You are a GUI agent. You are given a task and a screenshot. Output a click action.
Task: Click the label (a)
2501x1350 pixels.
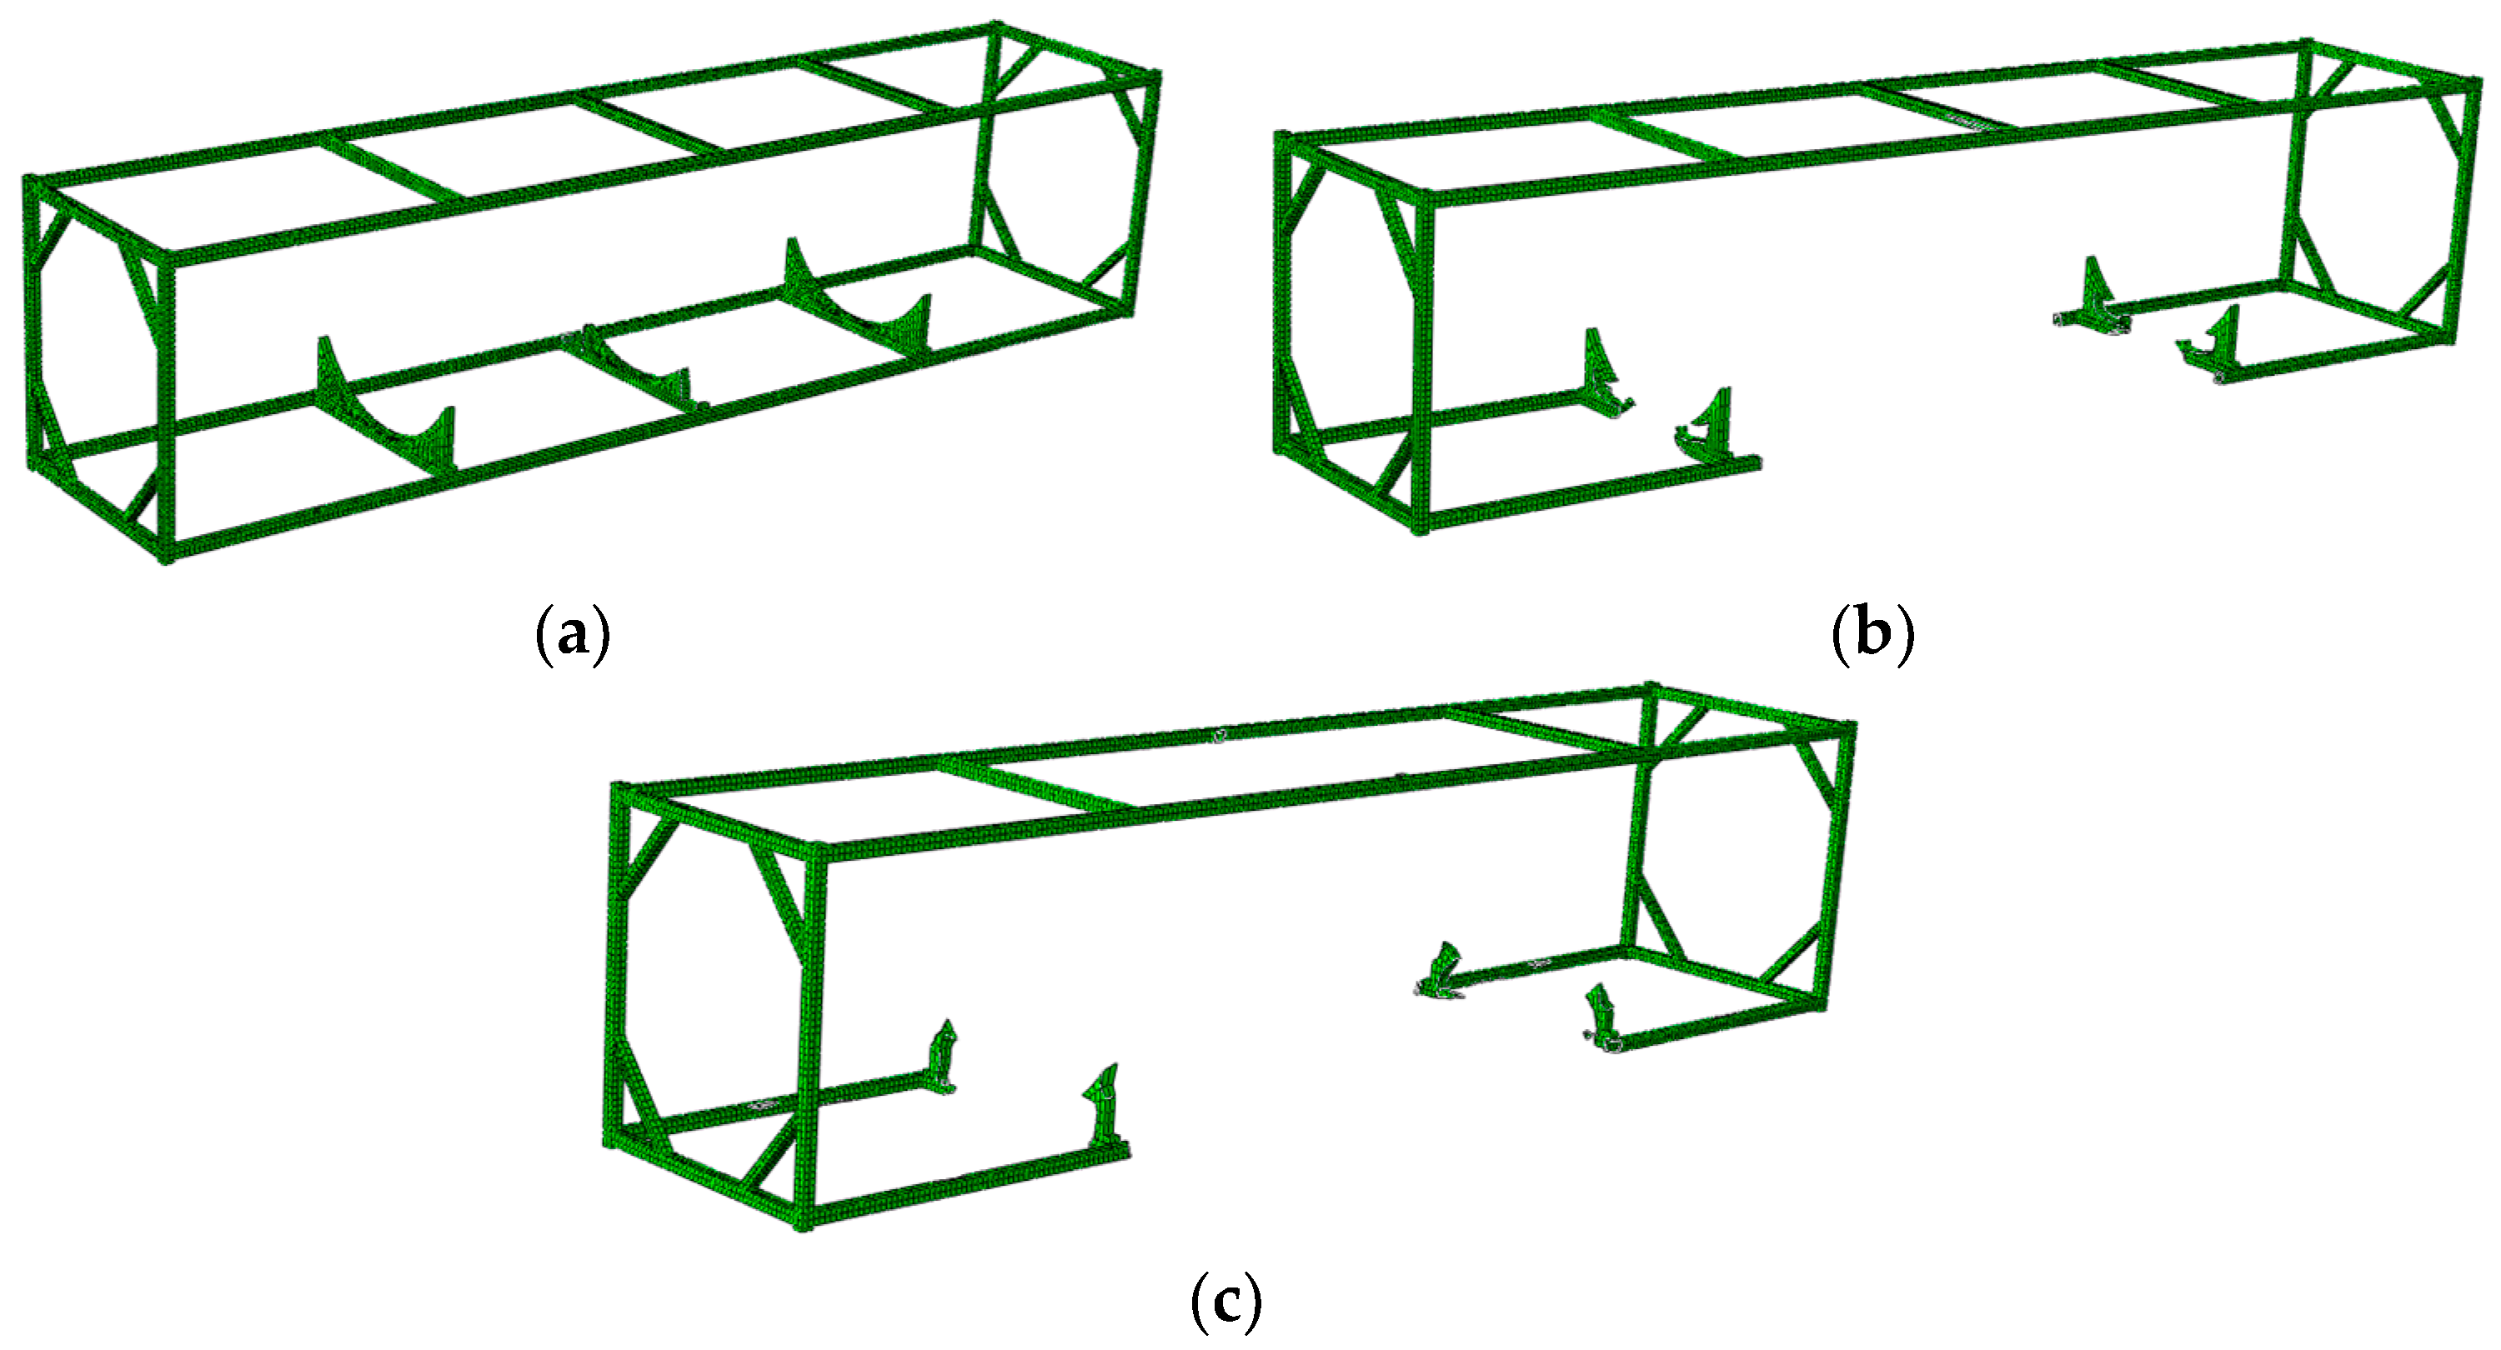point(573,635)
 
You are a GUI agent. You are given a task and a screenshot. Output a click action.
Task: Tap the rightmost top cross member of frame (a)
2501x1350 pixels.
point(874,85)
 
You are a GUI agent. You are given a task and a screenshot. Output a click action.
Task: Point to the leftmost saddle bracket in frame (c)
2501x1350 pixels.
point(943,1057)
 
